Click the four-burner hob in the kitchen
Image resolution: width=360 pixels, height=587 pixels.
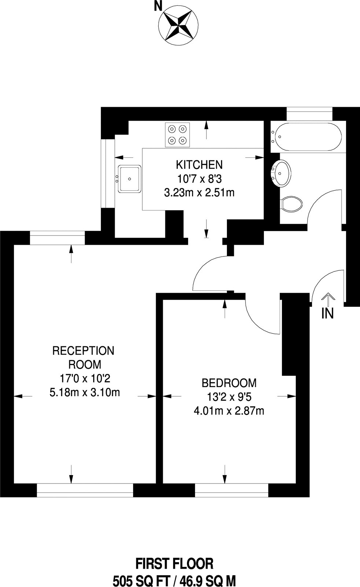[177, 135]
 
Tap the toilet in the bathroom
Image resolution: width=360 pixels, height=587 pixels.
[292, 203]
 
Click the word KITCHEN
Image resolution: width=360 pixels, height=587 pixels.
[199, 164]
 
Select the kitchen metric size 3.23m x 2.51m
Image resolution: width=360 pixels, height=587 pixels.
[199, 192]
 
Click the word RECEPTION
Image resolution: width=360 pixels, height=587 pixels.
[84, 351]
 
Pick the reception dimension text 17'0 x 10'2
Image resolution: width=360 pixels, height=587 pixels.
[84, 378]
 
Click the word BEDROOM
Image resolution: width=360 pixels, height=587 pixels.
[229, 383]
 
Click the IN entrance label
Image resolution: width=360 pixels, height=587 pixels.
[327, 313]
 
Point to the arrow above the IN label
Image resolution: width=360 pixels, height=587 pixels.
[328, 299]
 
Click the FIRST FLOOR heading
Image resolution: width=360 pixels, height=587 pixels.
[174, 564]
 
